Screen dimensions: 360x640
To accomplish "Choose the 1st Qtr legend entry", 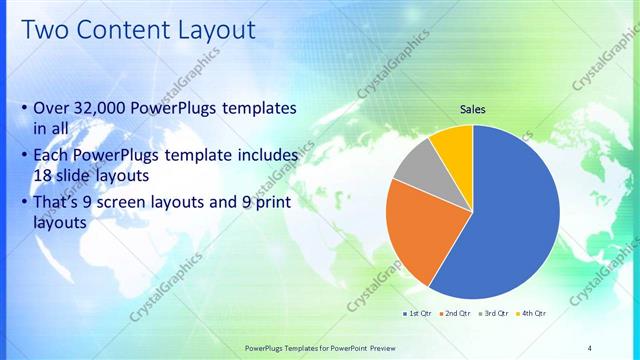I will pos(417,313).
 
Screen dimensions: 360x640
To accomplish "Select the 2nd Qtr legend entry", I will pos(456,313).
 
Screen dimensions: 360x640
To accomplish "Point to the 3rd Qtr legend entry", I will pos(494,313).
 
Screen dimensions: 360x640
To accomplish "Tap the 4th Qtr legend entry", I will pos(533,313).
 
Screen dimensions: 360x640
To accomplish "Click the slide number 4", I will pos(590,347).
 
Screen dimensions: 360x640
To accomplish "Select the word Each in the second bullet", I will pos(52,156).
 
